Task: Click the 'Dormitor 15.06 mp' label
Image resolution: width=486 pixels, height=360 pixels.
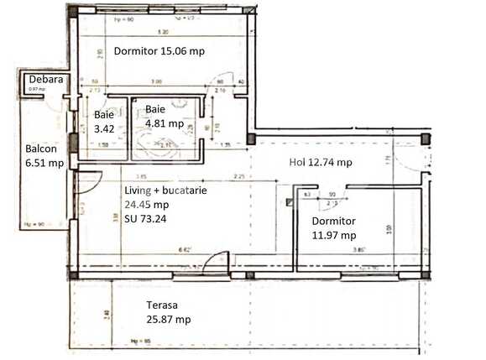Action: (x=159, y=50)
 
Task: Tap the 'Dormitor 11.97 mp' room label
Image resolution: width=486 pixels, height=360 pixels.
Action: (x=334, y=228)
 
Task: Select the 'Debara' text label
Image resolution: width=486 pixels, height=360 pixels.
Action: (x=42, y=79)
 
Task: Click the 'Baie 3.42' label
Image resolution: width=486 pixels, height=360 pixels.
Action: (x=103, y=123)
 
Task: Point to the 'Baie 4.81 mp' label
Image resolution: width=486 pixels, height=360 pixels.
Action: (x=164, y=116)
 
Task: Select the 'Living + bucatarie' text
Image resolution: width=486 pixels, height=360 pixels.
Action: (x=166, y=190)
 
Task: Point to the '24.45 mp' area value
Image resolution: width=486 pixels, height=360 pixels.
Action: (x=147, y=204)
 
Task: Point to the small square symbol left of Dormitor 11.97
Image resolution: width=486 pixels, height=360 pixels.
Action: (x=290, y=201)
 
